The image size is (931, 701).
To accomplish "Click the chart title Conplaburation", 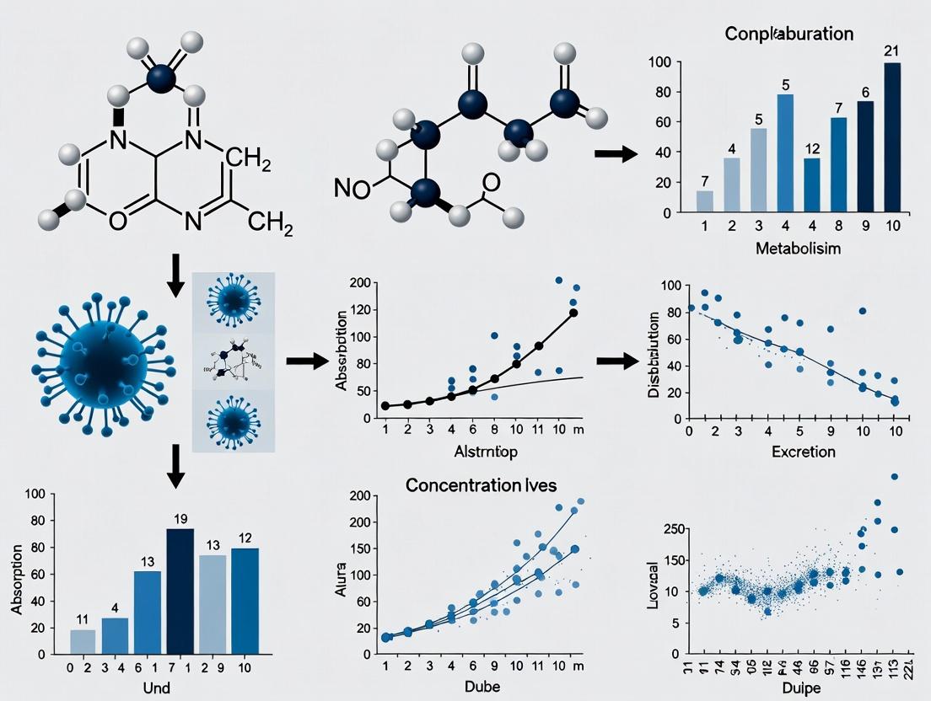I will [788, 35].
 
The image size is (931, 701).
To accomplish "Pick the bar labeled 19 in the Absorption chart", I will [180, 591].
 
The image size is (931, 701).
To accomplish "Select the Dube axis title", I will [482, 686].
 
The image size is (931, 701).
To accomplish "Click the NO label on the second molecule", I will [351, 189].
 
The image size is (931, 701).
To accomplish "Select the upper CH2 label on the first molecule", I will [249, 158].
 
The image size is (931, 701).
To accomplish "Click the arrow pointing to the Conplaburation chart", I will [616, 153].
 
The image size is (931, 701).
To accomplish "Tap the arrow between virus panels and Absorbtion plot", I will [306, 361].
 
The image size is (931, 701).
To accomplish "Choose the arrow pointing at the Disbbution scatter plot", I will [617, 361].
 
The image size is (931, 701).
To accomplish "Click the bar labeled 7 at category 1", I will [704, 201].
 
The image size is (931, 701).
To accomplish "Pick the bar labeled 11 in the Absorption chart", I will [83, 642].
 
